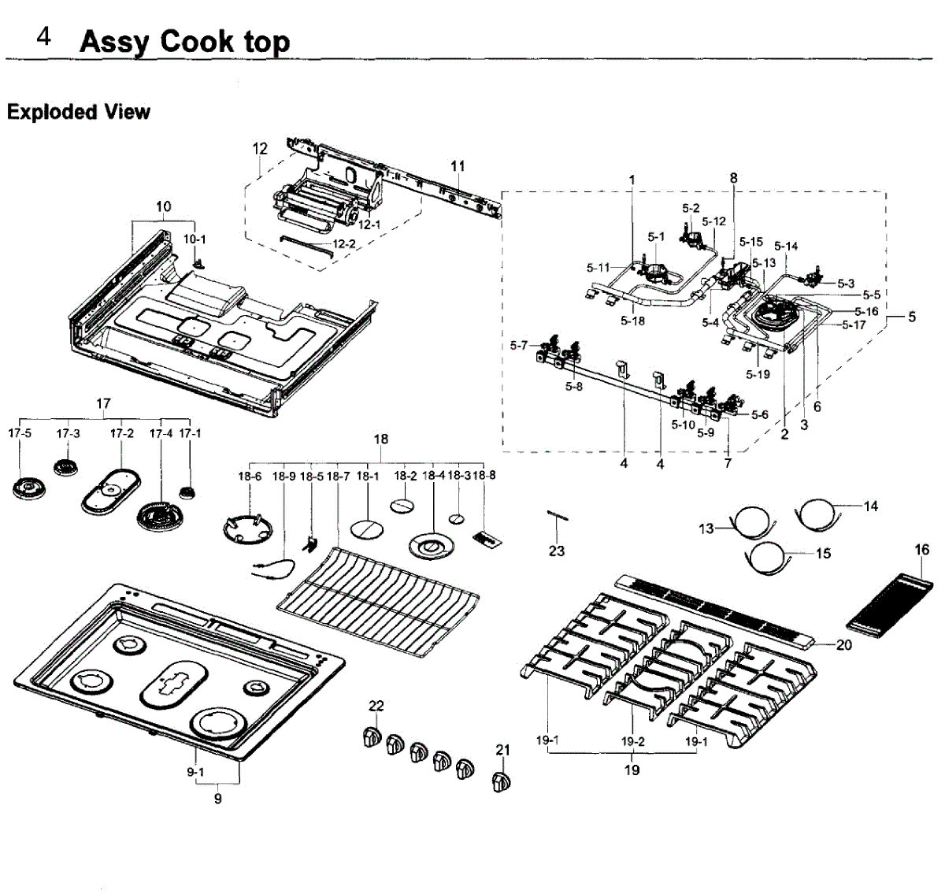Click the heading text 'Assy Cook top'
click(184, 41)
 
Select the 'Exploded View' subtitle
click(78, 112)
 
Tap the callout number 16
click(922, 550)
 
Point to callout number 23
click(557, 551)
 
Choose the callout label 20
click(843, 645)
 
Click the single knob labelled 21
click(500, 782)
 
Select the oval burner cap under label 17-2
click(109, 492)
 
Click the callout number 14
click(870, 506)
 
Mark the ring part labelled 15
click(768, 556)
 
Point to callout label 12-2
click(344, 244)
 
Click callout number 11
click(458, 166)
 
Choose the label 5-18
click(632, 321)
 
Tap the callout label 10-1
click(195, 238)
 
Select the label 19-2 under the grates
click(632, 741)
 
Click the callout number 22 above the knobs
click(376, 705)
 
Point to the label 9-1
click(195, 773)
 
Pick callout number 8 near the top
click(733, 178)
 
